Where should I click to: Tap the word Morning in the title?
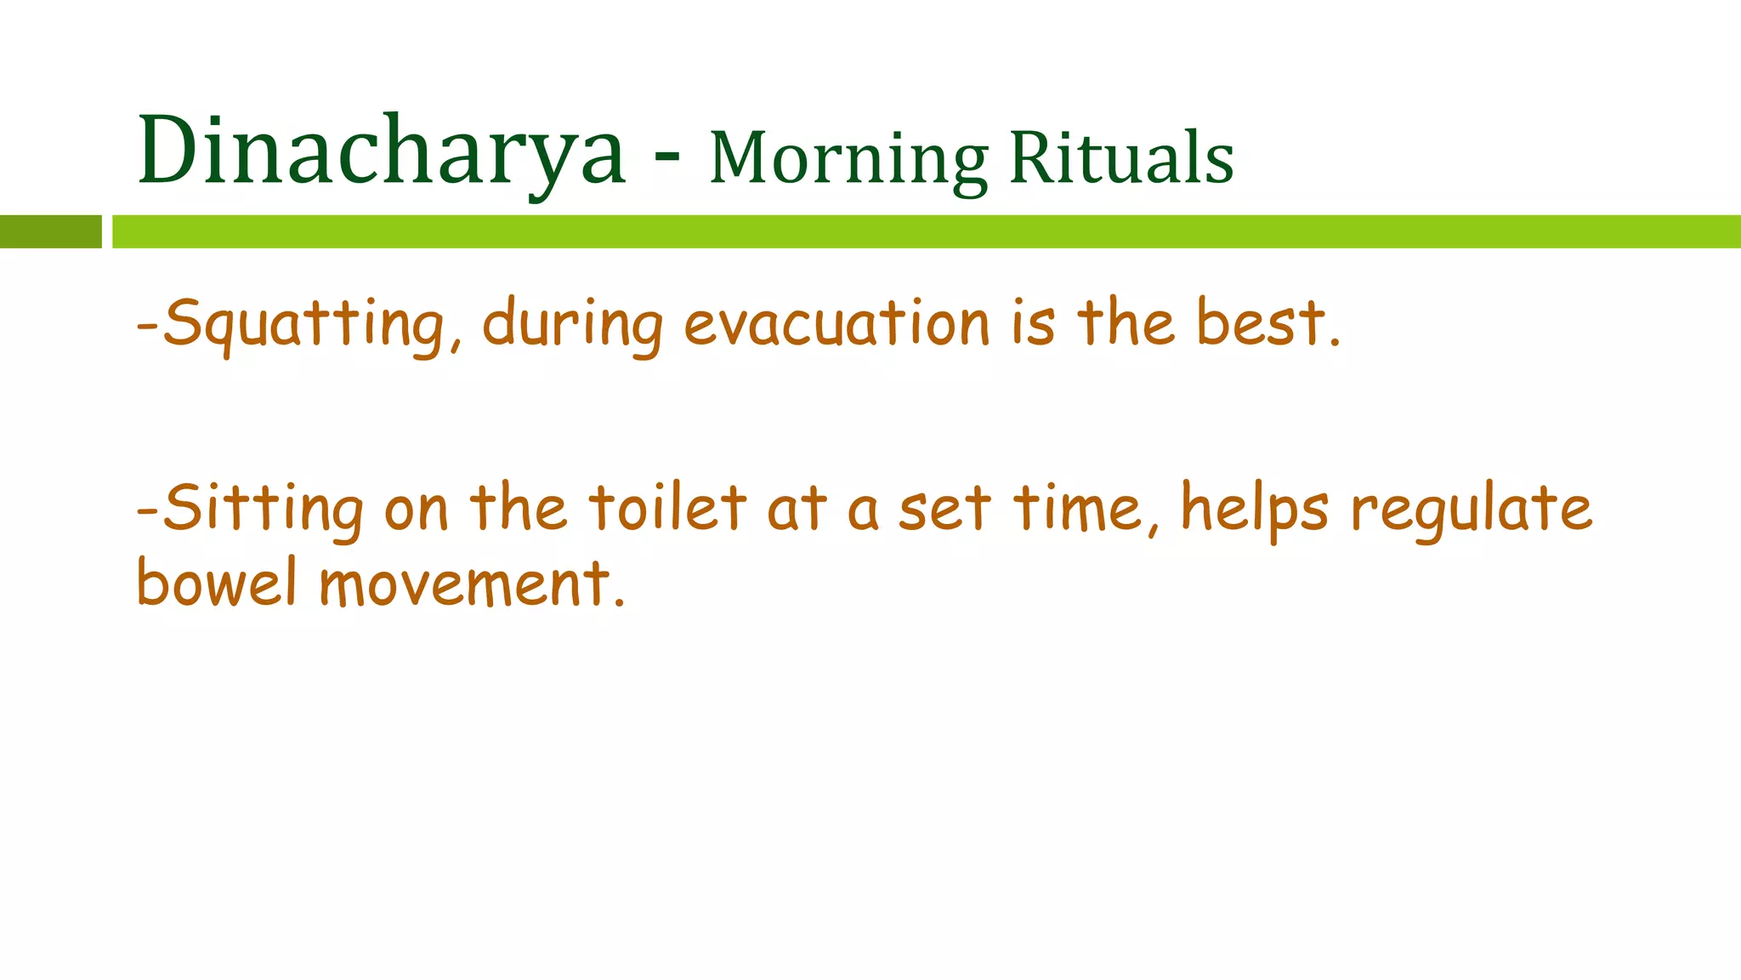pos(848,159)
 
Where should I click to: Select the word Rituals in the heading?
pos(1121,159)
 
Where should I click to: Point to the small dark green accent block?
pos(50,231)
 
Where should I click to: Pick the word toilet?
pos(667,509)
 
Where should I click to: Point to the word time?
pos(1078,509)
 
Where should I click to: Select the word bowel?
pos(216,584)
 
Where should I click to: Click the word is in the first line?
pos(1034,323)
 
